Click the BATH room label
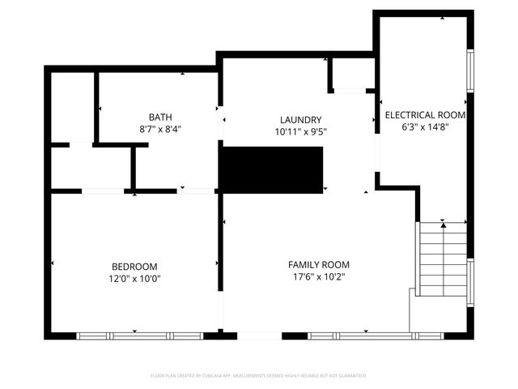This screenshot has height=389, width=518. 159,117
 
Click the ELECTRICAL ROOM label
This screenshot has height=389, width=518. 425,115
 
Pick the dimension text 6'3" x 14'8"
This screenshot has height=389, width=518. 425,127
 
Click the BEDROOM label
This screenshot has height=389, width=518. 134,267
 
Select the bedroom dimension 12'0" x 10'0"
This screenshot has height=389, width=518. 134,279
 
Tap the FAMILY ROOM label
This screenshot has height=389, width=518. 319,265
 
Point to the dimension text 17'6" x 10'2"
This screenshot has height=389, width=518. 319,277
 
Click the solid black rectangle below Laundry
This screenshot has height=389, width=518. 273,169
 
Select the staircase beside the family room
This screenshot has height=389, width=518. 443,259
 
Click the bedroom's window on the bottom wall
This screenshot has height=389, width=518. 139,336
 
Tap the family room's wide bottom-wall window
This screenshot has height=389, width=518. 359,336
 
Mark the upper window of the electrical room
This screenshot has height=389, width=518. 470,71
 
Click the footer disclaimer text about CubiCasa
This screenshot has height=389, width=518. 259,376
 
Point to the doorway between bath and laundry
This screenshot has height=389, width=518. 219,127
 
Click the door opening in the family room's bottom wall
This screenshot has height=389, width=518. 259,336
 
